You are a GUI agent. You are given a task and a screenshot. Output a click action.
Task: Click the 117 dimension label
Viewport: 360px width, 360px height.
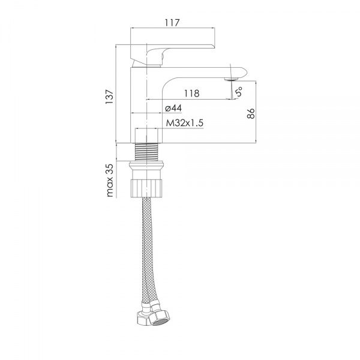coord(172,23)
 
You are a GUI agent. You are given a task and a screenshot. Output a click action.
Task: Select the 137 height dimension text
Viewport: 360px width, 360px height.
coord(109,97)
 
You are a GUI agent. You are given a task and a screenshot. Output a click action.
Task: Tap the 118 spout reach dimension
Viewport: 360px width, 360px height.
coord(192,94)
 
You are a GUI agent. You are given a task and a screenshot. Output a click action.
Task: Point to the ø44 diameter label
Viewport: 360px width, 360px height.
coord(173,108)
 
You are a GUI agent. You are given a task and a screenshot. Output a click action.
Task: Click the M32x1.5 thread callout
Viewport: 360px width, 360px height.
coord(185,123)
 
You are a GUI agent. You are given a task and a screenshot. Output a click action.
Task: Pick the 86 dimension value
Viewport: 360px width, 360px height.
coord(251,113)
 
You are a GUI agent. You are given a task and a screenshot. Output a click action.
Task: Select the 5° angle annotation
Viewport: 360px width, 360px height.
coord(239,91)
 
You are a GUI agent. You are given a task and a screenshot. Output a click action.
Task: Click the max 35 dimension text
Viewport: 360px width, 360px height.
coord(110,180)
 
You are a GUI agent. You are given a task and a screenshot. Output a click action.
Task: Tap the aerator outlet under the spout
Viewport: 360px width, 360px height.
coord(232,79)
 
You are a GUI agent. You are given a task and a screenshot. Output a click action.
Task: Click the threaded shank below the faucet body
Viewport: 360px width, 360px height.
coord(146,152)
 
